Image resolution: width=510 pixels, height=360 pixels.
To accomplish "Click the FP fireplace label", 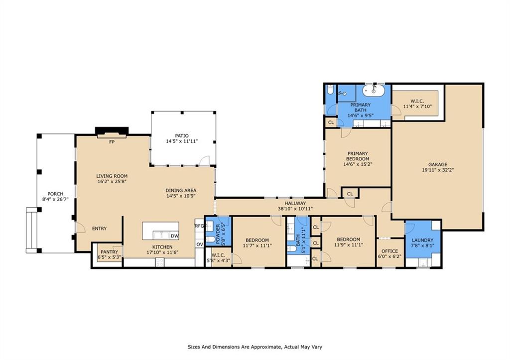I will coord(112,141).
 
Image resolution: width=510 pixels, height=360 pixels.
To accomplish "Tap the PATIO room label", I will coord(182,135).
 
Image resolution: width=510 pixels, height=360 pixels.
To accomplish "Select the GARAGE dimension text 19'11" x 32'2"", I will coord(438,170).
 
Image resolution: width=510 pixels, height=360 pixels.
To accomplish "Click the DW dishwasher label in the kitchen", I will coord(174,236).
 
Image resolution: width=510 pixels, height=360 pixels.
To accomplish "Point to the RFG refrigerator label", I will coord(199,226).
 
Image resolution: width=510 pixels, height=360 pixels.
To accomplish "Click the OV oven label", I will coord(199,244).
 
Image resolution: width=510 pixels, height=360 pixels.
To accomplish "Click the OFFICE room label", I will coord(389,251).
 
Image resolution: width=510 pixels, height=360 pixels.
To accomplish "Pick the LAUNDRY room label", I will coord(422,240).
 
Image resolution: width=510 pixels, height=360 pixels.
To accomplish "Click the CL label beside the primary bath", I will coord(331,122).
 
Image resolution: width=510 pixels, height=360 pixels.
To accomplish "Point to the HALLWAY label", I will coord(295,203).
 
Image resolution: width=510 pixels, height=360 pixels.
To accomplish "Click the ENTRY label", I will coord(99,229).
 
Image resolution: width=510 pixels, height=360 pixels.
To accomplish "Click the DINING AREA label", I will coord(181,190).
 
